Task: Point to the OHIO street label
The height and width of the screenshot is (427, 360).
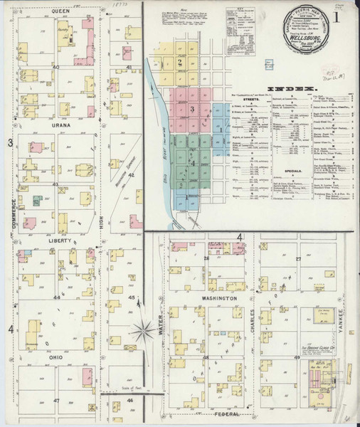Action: [x=57, y=356]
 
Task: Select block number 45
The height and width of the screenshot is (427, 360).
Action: [x=131, y=297]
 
